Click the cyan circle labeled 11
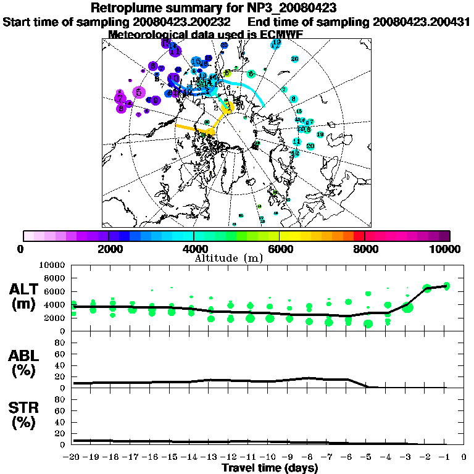297,141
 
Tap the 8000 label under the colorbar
365,249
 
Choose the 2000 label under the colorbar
109,249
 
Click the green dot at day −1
446,286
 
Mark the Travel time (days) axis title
270,468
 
